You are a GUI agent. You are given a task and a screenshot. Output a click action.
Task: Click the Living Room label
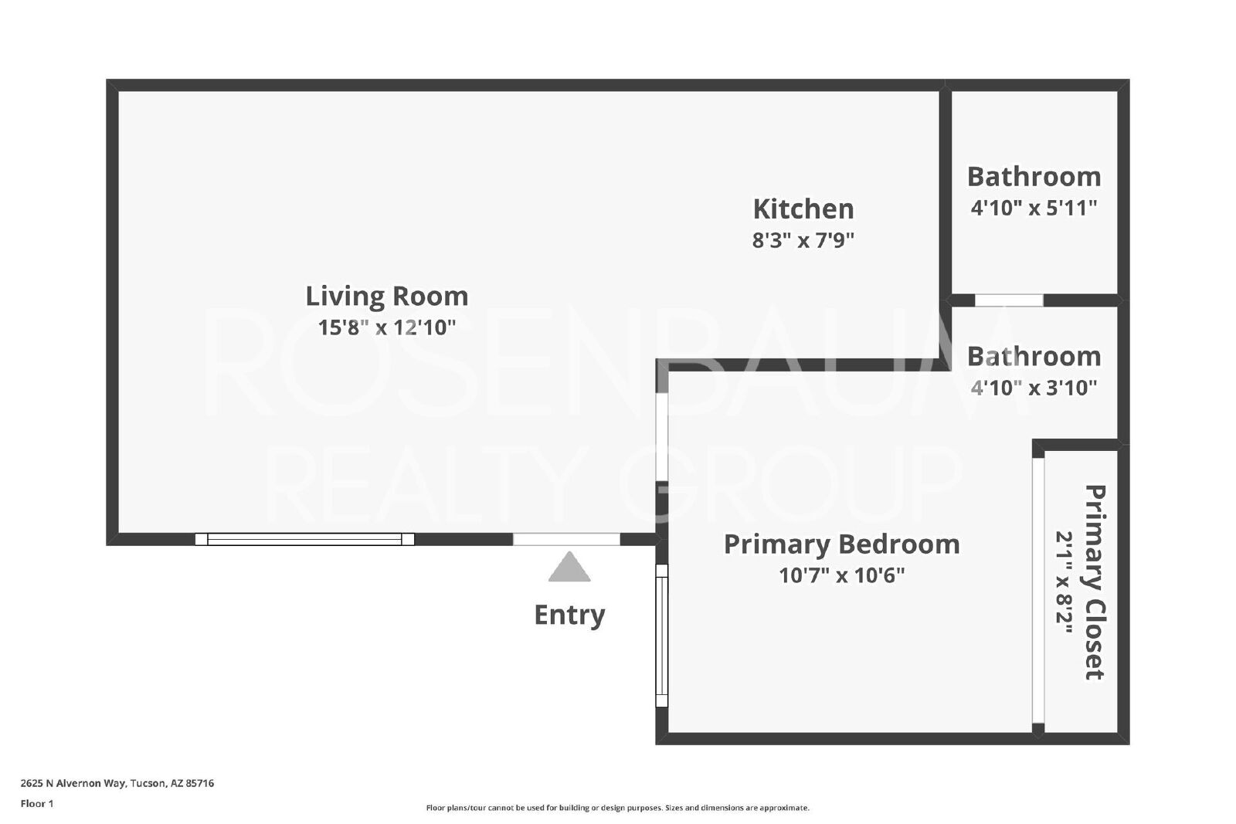387,297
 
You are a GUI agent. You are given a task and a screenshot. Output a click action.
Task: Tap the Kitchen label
803,209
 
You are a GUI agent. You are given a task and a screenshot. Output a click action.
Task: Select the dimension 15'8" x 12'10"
387,327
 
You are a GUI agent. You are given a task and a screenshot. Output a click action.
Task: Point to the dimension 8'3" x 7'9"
803,240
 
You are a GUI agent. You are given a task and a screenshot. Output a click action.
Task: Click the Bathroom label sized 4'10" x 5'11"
1034,177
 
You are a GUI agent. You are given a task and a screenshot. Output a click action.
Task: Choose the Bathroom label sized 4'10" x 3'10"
1034,356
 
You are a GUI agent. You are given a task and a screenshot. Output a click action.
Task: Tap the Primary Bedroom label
842,544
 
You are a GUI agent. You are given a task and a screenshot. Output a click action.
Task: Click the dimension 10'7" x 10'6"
842,576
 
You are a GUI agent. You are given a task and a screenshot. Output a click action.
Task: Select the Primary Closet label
1095,582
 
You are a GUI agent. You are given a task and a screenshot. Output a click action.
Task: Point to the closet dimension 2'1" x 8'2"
1064,582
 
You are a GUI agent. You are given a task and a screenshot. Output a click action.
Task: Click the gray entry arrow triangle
569,567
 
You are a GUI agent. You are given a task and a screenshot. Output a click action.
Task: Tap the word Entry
569,615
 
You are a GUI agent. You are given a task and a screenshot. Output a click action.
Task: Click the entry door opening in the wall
567,539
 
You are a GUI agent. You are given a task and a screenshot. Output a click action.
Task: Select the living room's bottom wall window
304,539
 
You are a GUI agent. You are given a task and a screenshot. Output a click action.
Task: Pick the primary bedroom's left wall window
661,636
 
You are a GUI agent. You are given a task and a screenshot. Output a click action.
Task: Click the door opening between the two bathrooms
1009,300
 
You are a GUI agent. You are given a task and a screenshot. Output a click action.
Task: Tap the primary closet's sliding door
1038,590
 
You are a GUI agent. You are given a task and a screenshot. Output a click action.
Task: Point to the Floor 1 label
37,804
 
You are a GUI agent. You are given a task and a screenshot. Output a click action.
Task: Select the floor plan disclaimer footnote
617,808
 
